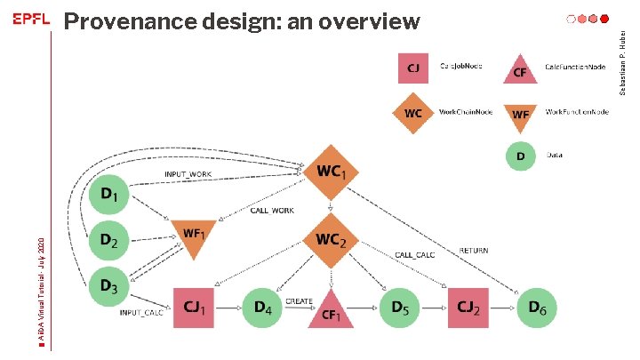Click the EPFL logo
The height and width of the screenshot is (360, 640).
(x=29, y=20)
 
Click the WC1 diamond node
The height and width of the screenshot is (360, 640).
(x=331, y=170)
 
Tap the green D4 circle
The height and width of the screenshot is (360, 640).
(x=262, y=308)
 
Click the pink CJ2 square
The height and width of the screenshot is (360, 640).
(x=469, y=308)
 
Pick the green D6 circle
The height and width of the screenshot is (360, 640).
(x=538, y=308)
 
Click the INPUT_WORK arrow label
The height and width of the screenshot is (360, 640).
(x=188, y=174)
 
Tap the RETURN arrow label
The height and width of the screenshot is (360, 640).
(x=473, y=251)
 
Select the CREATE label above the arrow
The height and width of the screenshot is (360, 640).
(x=299, y=301)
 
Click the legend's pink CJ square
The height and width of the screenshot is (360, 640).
(x=413, y=68)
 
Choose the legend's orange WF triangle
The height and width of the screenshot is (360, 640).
(x=521, y=115)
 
